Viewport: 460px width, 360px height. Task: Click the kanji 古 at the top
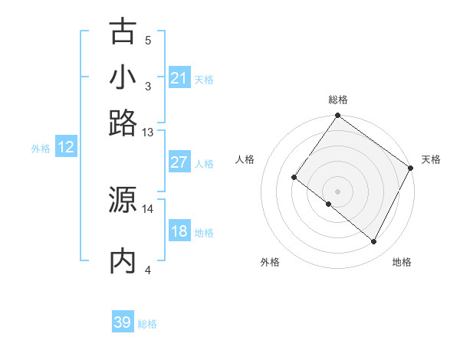point(123,32)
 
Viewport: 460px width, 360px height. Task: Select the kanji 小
point(123,77)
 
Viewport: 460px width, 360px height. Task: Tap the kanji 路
point(123,123)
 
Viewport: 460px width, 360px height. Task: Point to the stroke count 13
point(148,133)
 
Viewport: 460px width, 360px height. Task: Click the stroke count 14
point(148,208)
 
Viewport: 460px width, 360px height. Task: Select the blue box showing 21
point(179,78)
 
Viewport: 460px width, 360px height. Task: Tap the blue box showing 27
point(179,162)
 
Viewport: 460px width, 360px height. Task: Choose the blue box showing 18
point(179,231)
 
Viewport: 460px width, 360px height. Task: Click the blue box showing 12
point(66,148)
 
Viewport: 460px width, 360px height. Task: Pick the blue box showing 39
point(123,322)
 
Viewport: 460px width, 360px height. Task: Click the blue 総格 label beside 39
point(147,324)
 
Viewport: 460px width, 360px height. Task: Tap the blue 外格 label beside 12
point(41,149)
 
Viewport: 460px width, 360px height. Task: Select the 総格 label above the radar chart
point(337,100)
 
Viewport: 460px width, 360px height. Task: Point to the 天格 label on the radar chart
point(431,159)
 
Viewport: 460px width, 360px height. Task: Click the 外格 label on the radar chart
point(270,262)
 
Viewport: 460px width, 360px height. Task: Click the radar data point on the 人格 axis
point(294,178)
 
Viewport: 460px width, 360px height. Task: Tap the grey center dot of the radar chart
point(337,191)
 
